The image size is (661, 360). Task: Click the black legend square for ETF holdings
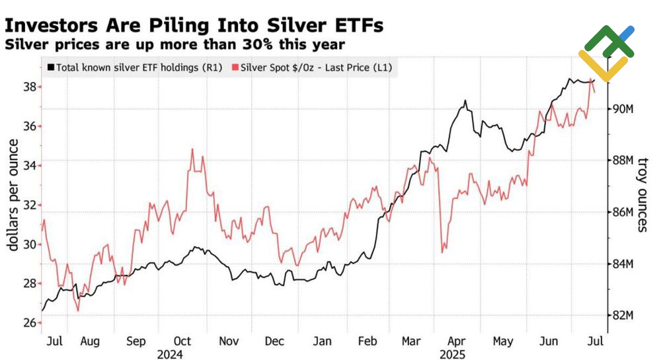(51, 67)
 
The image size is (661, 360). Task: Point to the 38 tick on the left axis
(29, 87)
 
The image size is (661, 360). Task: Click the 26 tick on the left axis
(29, 322)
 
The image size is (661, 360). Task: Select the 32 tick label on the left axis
(29, 205)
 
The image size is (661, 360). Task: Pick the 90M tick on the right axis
(621, 109)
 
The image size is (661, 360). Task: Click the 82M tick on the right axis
(621, 315)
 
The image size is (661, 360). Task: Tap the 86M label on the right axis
(621, 212)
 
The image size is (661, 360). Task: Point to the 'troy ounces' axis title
(643, 195)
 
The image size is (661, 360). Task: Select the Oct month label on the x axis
(182, 342)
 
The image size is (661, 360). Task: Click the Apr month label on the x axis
(457, 342)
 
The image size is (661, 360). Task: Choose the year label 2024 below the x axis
(170, 355)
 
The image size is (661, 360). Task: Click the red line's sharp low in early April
(442, 252)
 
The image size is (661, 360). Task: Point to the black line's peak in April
(465, 101)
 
